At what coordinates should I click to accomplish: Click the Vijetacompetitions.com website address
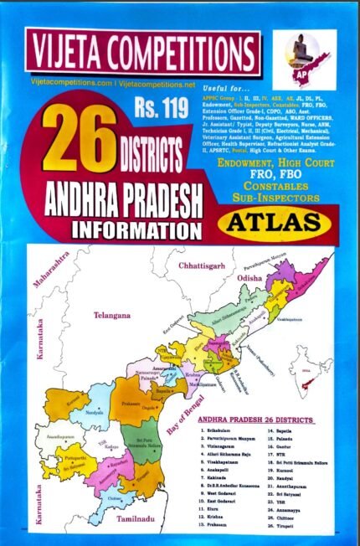[65, 85]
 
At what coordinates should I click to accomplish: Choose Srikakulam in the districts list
[222, 434]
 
